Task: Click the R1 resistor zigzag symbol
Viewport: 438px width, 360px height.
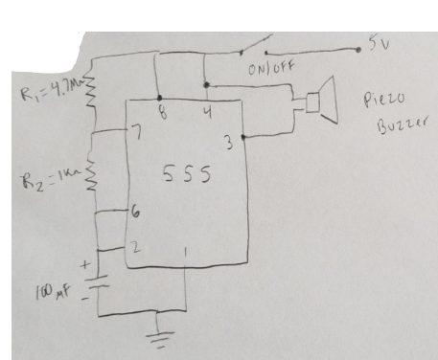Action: [x=92, y=92]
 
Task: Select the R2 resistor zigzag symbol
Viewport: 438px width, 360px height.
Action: [x=91, y=175]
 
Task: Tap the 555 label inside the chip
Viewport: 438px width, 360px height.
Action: [x=187, y=174]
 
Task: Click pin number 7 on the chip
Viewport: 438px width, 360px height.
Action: [x=137, y=132]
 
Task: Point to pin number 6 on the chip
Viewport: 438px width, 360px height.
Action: [x=135, y=213]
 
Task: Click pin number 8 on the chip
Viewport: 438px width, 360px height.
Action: [x=163, y=112]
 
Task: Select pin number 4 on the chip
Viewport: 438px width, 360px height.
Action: [x=208, y=112]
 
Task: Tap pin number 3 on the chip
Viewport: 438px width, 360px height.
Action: [x=229, y=143]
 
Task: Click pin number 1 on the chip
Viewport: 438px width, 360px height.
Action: [x=186, y=253]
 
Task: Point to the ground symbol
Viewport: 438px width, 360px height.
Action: [x=160, y=339]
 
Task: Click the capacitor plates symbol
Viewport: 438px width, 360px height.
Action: [x=99, y=282]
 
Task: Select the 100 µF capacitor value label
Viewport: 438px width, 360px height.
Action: [x=53, y=292]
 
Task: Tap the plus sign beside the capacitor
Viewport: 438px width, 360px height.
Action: [x=86, y=264]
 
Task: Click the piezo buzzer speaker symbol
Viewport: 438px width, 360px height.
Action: [x=322, y=101]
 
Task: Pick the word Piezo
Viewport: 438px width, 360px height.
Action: [x=384, y=100]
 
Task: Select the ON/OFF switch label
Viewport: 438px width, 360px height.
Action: [x=271, y=68]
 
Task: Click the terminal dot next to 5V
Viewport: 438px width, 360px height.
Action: [x=358, y=50]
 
